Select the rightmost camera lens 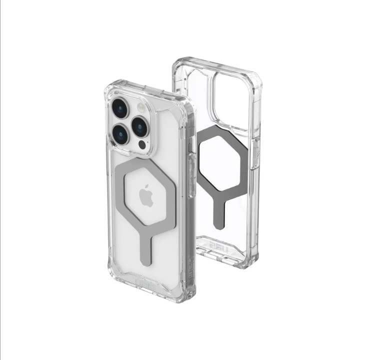140,126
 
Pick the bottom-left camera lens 120,134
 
